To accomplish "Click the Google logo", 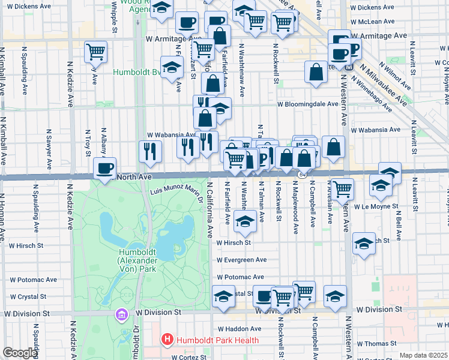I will pyautogui.click(x=20, y=353).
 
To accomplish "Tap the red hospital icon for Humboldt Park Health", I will pyautogui.click(x=167, y=340).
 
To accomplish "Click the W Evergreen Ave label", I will pyautogui.click(x=241, y=260).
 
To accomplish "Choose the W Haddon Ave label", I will pyautogui.click(x=240, y=329).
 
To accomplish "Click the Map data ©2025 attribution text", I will pyautogui.click(x=423, y=355).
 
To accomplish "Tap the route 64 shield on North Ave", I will pyautogui.click(x=302, y=175).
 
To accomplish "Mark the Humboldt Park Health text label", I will pyautogui.click(x=217, y=340).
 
